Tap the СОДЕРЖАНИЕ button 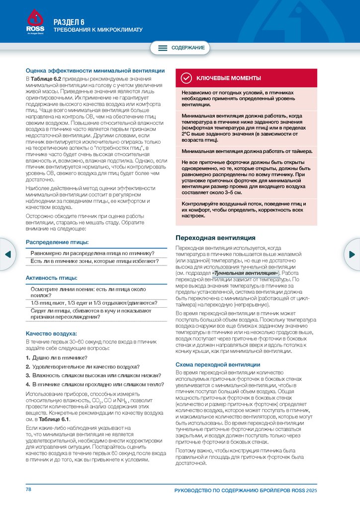pos(180,48)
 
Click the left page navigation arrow pos(7,254)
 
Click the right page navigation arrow pos(353,254)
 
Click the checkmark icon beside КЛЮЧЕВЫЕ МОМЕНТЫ pos(186,78)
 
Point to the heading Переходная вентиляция pos(216,238)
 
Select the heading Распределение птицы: pos(57,242)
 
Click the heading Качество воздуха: pos(51,333)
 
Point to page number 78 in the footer pos(29,490)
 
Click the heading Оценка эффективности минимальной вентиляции pos(95,71)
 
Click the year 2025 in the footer pos(312,491)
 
